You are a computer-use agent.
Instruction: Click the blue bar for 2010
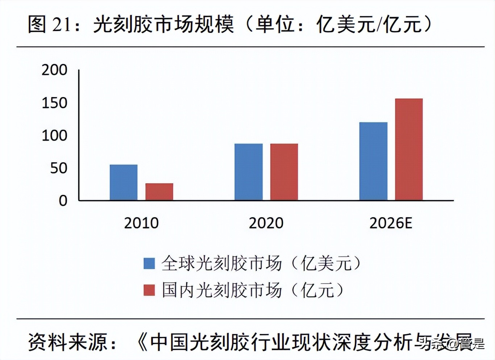tap(124, 183)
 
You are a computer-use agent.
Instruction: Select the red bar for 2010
tap(159, 192)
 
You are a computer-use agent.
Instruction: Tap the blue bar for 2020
tap(248, 172)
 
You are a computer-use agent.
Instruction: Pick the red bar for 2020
tap(284, 172)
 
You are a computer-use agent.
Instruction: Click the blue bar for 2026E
tap(373, 161)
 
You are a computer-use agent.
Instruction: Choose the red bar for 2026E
tap(409, 149)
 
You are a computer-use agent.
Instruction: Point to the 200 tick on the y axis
tap(54, 70)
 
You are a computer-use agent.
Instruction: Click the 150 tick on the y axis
tap(54, 103)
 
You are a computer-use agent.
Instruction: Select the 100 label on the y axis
tap(54, 136)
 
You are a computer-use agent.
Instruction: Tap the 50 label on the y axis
tap(59, 168)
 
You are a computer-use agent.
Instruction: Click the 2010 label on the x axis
tap(141, 223)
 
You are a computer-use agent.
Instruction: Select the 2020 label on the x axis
tap(266, 223)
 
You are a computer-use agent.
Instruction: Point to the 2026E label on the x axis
tap(391, 223)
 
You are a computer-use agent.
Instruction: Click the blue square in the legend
tap(149, 263)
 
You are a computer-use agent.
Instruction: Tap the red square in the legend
tap(149, 290)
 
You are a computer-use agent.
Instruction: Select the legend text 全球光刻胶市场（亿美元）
tap(261, 263)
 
